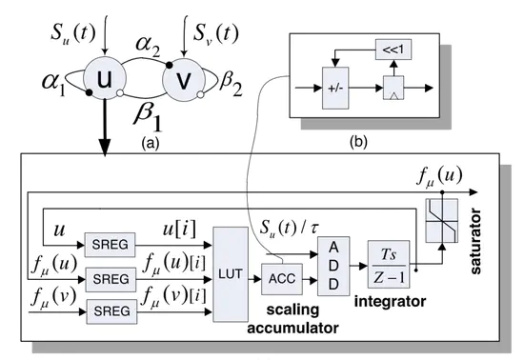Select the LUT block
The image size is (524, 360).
tap(231, 277)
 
